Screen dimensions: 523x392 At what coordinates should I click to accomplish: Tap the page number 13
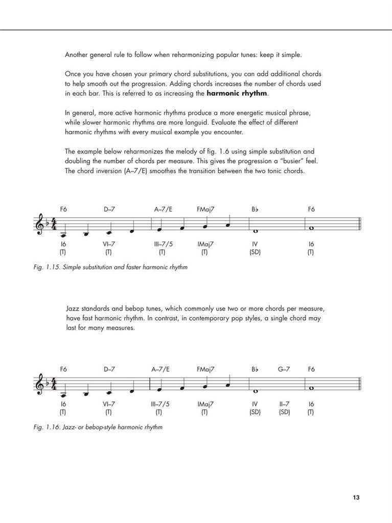click(356, 498)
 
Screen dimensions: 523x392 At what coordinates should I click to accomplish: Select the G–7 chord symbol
click(284, 369)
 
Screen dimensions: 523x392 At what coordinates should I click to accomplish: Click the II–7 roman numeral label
click(285, 403)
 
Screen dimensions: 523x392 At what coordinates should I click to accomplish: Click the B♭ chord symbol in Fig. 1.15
click(255, 209)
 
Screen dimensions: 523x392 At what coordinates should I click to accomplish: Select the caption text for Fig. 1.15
click(109, 267)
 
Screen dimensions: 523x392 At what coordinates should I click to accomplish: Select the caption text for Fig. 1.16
click(98, 427)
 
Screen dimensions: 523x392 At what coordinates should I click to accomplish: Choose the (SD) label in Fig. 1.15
click(255, 252)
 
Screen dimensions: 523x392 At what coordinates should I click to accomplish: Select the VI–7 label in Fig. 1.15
click(109, 244)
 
